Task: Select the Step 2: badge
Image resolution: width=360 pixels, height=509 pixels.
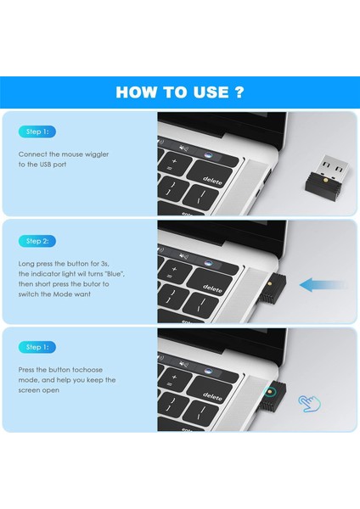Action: point(37,241)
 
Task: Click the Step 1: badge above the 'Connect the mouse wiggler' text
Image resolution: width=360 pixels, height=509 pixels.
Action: point(37,132)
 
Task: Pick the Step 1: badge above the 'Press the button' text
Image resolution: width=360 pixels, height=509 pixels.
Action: point(37,347)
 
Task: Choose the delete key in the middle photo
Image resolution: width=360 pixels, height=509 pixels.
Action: point(211,289)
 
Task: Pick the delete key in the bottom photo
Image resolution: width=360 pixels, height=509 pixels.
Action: point(211,395)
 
